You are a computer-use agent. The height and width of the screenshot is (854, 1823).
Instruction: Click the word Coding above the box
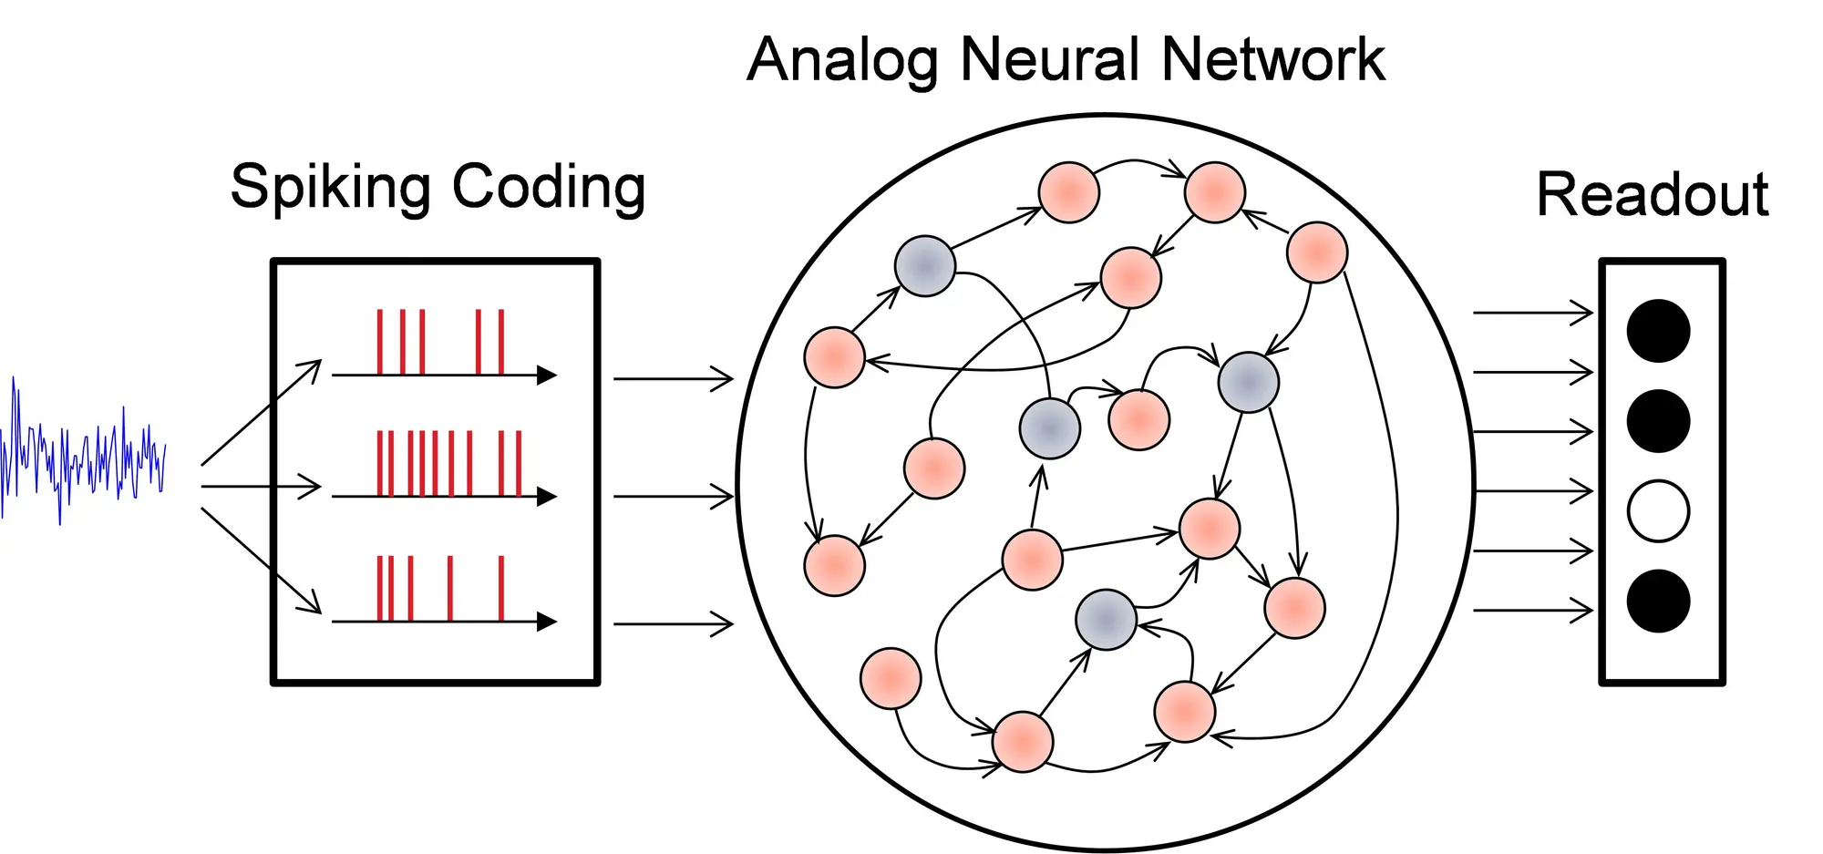[549, 188]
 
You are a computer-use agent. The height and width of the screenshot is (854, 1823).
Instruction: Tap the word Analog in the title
[842, 61]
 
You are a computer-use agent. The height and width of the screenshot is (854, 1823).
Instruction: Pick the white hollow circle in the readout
[1658, 511]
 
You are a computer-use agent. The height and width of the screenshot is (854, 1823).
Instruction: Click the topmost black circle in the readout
[1658, 331]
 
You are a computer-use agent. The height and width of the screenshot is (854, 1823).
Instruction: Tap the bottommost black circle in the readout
[1658, 602]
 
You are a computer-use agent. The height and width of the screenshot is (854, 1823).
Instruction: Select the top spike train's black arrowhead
[547, 375]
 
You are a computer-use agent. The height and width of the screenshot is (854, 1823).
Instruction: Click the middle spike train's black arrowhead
[547, 497]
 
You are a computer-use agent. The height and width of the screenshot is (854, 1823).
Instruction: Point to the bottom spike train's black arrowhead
[547, 622]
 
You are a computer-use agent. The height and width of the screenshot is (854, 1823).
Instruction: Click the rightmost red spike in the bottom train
[501, 588]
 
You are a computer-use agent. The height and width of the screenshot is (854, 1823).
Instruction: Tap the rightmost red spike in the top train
[501, 342]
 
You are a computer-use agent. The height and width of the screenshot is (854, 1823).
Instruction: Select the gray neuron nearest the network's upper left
[924, 266]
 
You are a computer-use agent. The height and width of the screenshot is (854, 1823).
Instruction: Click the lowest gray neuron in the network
[1106, 620]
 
